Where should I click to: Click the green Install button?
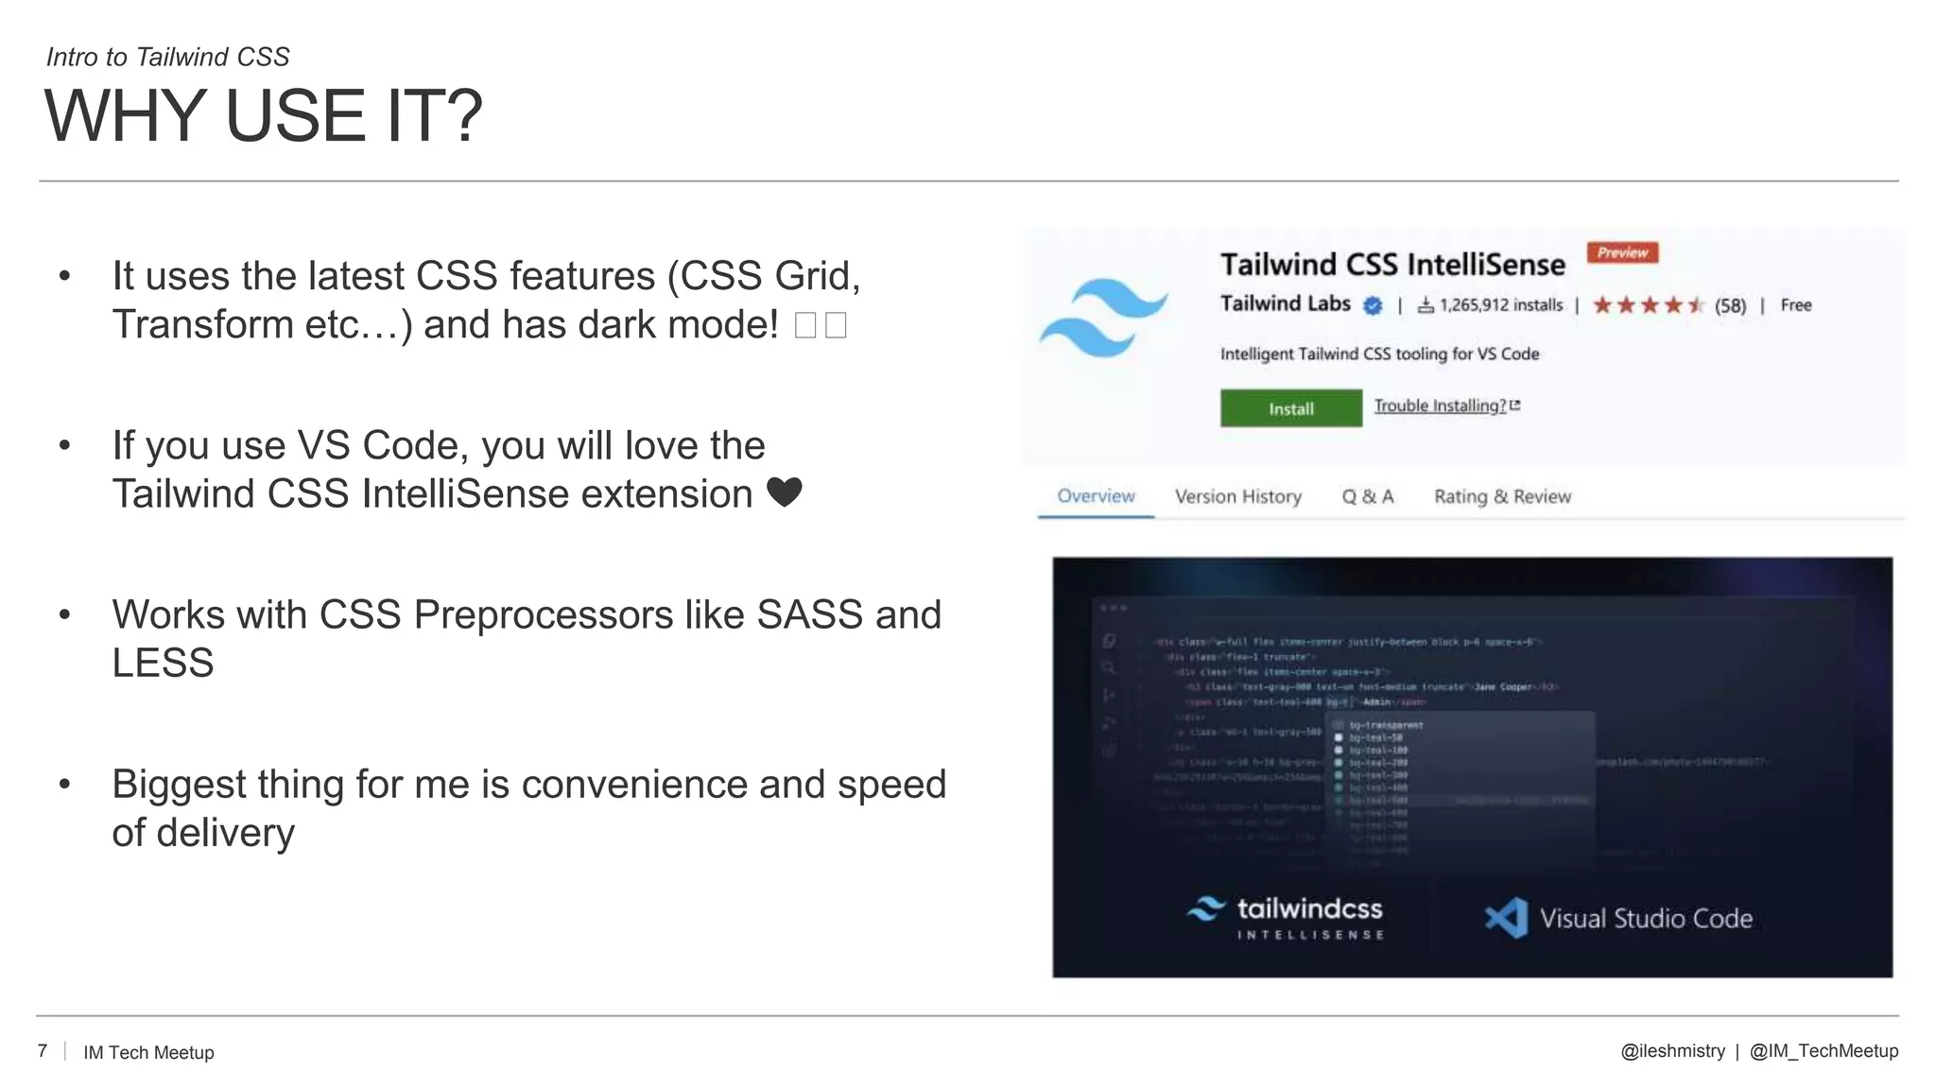[x=1290, y=408]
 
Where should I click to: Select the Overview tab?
[x=1095, y=496]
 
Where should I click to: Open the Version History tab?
[x=1237, y=496]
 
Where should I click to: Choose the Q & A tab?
[x=1367, y=496]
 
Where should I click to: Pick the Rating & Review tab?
[x=1502, y=496]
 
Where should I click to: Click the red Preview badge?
[x=1622, y=252]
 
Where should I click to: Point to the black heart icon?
[x=784, y=493]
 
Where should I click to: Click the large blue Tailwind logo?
[x=1103, y=318]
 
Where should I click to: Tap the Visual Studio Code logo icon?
[x=1506, y=917]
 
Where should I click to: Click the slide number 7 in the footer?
[x=43, y=1051]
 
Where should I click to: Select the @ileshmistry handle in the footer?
[x=1672, y=1051]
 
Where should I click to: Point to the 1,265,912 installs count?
[x=1500, y=305]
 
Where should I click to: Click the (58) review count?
[x=1730, y=305]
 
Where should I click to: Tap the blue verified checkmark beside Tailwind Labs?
[x=1373, y=305]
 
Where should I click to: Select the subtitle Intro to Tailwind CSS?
[x=168, y=57]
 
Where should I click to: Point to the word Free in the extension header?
[x=1796, y=305]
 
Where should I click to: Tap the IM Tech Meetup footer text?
[x=148, y=1052]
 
